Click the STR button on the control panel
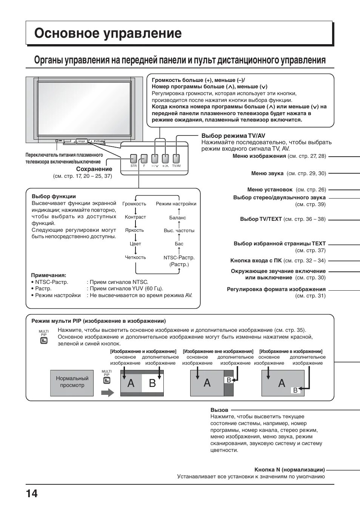[x=134, y=159]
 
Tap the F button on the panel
[x=144, y=159]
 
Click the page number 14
[x=32, y=493]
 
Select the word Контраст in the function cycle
[x=135, y=217]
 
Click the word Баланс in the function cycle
[x=177, y=218]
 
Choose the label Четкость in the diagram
[x=135, y=257]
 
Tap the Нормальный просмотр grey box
[x=72, y=383]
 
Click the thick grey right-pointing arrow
[x=108, y=393]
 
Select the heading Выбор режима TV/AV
[x=233, y=136]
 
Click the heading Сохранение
[x=94, y=169]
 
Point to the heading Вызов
[x=219, y=410]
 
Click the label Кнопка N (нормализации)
[x=289, y=470]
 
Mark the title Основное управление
[x=108, y=34]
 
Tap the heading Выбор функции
[x=54, y=196]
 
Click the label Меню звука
[x=267, y=174]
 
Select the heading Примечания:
[x=48, y=275]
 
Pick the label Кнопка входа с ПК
[x=256, y=260]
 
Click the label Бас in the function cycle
[x=179, y=244]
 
